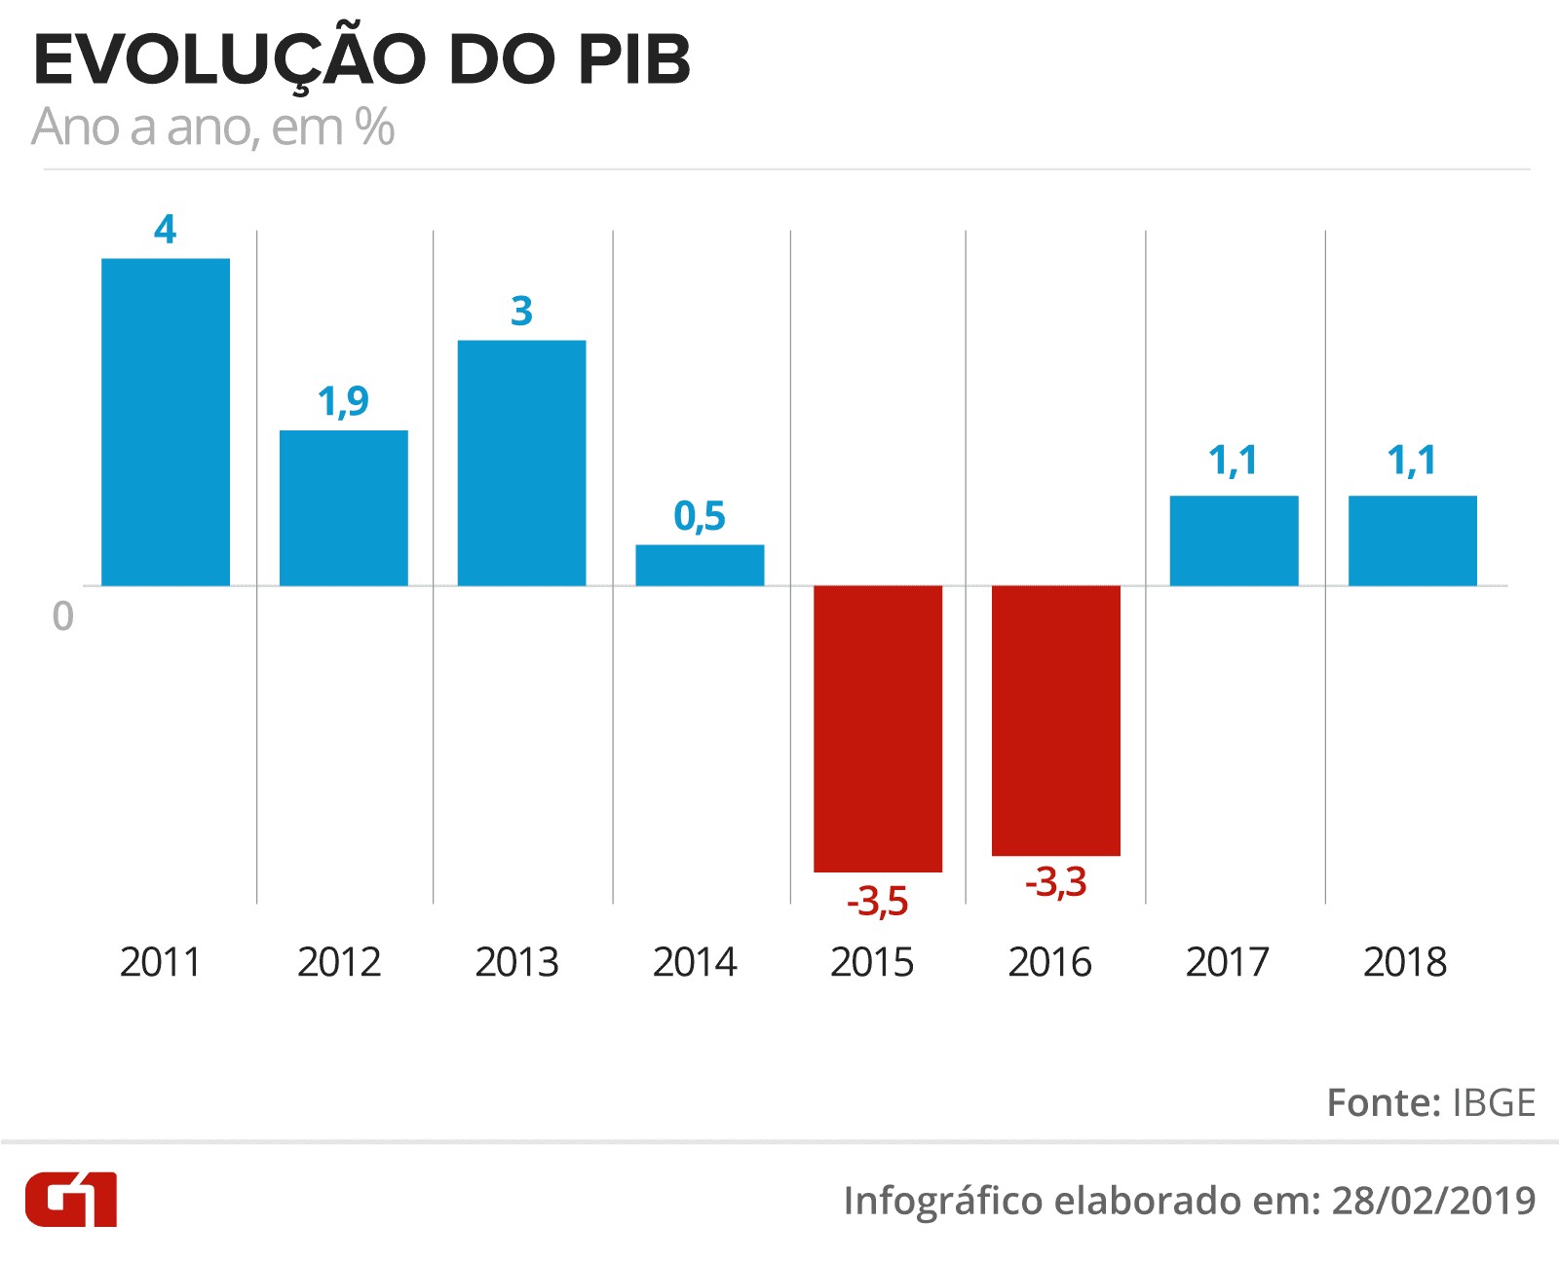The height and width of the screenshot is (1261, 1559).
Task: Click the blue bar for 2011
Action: [166, 422]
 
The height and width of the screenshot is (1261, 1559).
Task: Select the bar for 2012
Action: [343, 507]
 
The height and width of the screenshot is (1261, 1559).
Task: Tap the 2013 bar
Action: [522, 463]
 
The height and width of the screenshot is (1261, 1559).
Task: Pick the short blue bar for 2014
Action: [700, 565]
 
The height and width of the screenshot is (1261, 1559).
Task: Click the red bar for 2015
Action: [878, 728]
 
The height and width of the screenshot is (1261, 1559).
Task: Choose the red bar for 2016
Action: [1056, 721]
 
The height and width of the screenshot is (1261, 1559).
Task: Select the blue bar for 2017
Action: [1234, 540]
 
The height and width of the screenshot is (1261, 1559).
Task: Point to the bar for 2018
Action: [1413, 540]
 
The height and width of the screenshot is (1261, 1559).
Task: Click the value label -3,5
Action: [878, 901]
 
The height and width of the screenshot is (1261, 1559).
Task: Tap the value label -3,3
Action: [1056, 882]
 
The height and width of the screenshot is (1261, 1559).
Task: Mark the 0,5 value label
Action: [700, 516]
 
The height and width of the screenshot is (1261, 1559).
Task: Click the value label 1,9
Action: [343, 401]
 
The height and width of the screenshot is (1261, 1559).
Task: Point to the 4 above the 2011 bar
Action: [166, 229]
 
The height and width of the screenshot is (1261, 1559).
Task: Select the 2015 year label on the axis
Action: [872, 962]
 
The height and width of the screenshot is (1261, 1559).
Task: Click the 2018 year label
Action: [1405, 962]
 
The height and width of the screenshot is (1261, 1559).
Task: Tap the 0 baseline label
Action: [63, 615]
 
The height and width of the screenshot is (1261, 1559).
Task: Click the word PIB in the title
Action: [634, 59]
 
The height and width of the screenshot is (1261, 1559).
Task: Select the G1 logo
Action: [71, 1200]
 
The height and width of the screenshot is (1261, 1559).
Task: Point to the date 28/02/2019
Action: [1434, 1201]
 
